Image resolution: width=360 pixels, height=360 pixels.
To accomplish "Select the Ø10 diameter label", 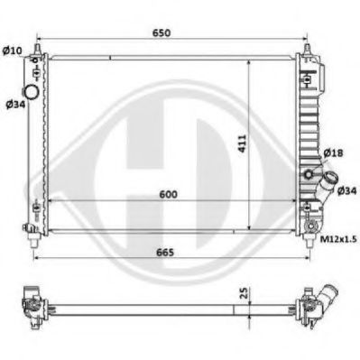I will pyautogui.click(x=13, y=49).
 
